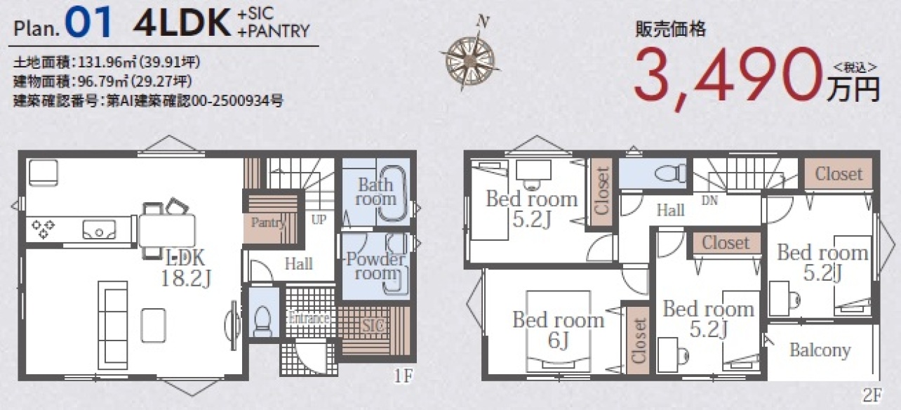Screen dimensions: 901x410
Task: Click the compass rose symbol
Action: (470, 60)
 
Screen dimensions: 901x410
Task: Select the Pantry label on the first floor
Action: (268, 223)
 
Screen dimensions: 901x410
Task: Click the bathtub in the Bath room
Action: (392, 193)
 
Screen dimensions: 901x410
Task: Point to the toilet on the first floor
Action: (263, 320)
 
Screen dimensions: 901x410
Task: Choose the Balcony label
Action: (820, 350)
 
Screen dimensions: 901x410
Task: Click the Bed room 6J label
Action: (559, 330)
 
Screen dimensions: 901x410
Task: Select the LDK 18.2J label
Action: (185, 267)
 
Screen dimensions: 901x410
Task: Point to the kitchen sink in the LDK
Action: (99, 230)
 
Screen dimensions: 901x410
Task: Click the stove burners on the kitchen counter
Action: (43, 229)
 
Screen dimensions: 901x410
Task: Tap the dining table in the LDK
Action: (167, 230)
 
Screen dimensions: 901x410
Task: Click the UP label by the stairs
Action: (319, 220)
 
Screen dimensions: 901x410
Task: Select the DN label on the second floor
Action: (709, 200)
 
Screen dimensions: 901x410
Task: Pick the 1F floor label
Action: (403, 376)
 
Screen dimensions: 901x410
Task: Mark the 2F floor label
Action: (872, 395)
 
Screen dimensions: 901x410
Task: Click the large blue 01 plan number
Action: (88, 22)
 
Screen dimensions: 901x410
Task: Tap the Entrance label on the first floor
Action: (309, 318)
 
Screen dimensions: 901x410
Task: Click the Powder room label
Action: (375, 266)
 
